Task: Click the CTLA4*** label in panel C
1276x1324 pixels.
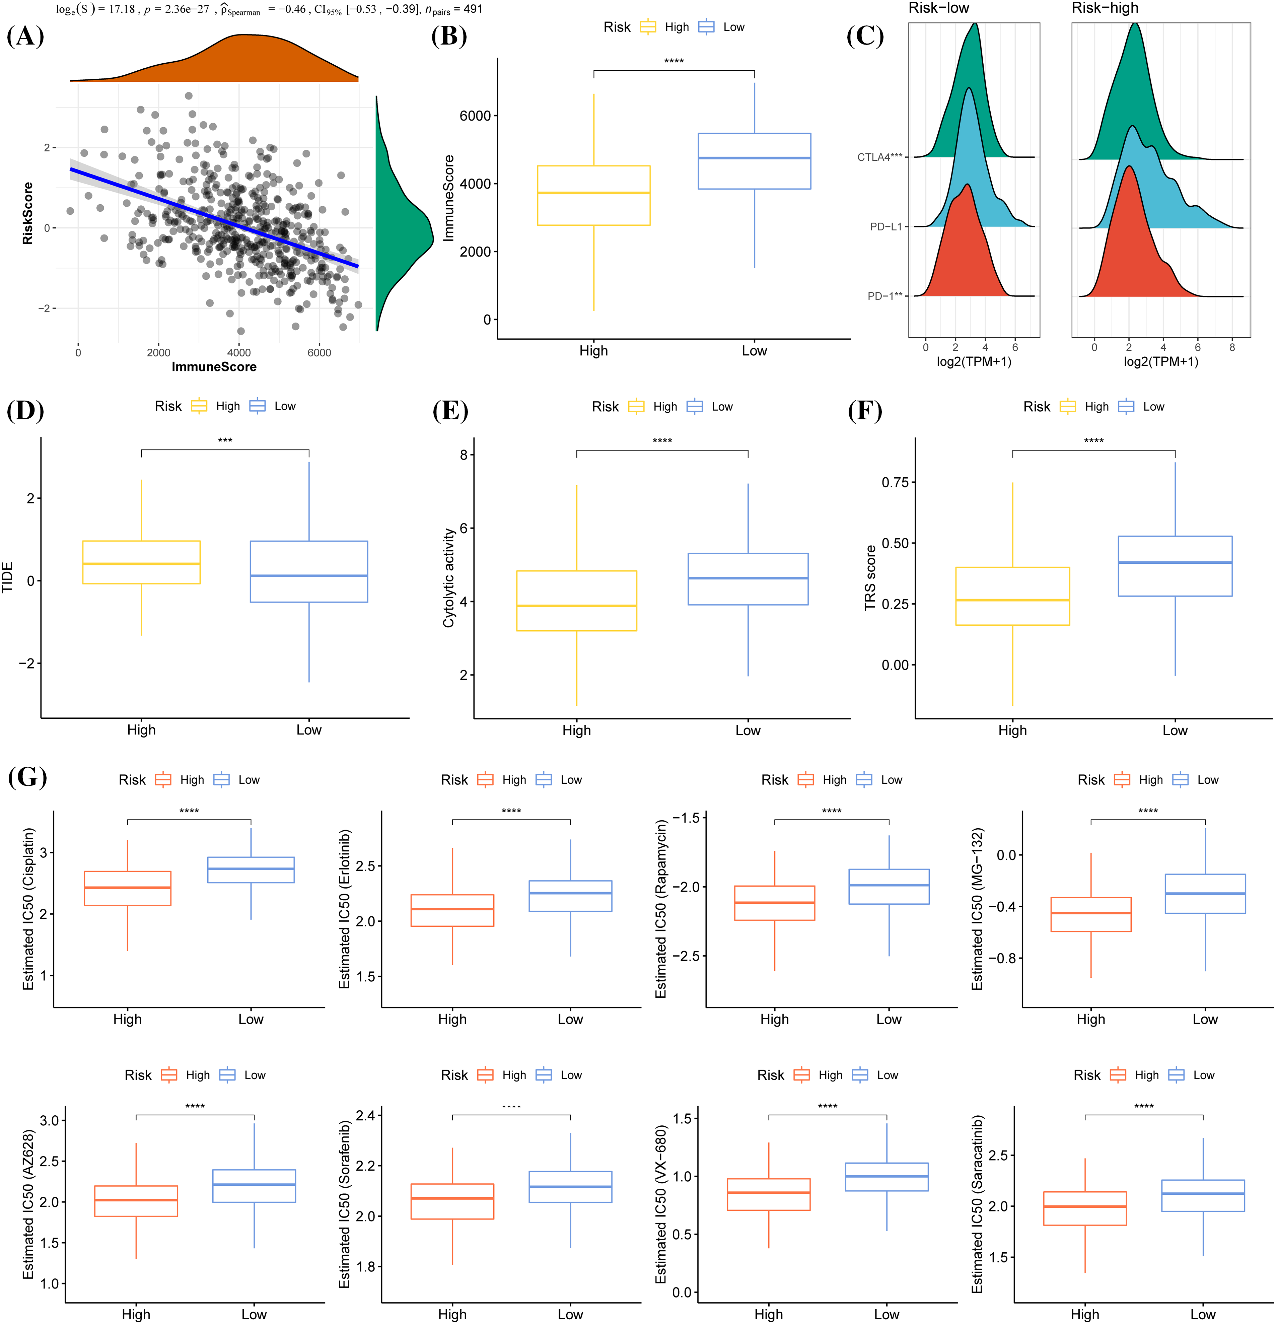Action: coord(879,157)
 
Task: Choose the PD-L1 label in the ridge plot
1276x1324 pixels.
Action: coord(885,227)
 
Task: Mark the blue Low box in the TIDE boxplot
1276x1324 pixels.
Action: coord(309,571)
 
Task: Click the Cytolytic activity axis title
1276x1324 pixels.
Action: coord(448,577)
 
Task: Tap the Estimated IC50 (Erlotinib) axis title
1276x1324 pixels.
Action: coord(345,909)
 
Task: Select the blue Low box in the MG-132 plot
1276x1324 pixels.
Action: coord(1205,894)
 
